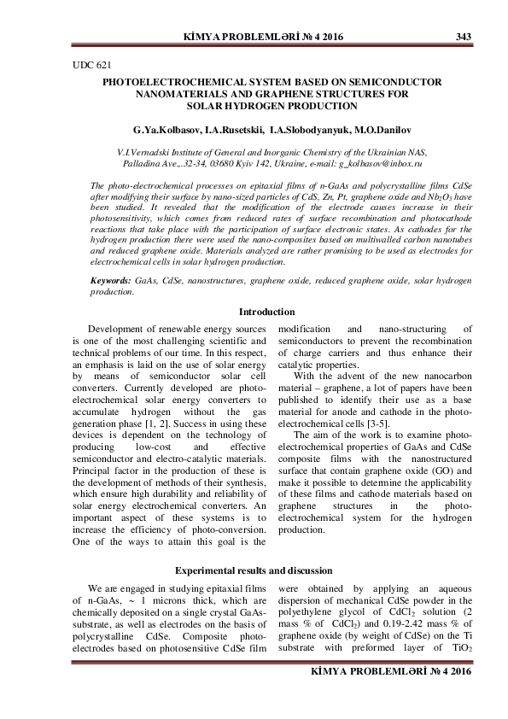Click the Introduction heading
(x=266, y=312)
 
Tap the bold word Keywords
(x=110, y=280)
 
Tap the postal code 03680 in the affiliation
(x=241, y=161)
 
